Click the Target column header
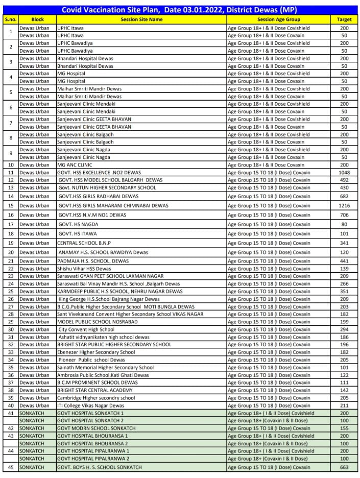[x=344, y=19]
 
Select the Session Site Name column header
[x=141, y=19]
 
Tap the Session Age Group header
[x=278, y=19]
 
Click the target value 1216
[x=344, y=205]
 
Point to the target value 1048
[x=344, y=173]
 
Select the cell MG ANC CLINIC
[x=75, y=165]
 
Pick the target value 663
[x=344, y=467]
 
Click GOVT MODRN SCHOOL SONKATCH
[x=96, y=428]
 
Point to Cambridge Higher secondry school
[x=96, y=398]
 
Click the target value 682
[x=344, y=196]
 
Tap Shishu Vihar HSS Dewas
[x=84, y=269]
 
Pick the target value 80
[x=344, y=224]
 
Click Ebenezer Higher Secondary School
[x=96, y=352]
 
